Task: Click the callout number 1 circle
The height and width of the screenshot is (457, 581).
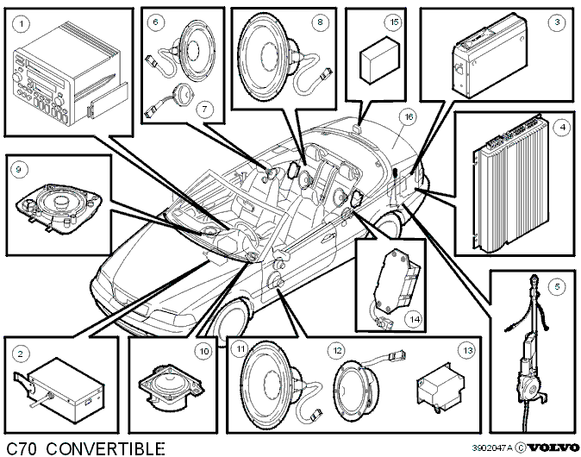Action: (x=22, y=24)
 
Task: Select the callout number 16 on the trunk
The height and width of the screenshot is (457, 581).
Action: (x=409, y=117)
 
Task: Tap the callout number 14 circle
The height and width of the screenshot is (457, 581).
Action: (x=415, y=319)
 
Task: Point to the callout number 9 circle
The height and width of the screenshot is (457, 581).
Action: (x=19, y=170)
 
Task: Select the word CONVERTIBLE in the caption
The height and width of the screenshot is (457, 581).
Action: (x=106, y=449)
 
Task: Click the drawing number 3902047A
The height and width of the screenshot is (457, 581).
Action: (x=492, y=448)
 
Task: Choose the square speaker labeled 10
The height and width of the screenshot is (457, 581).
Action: (x=171, y=388)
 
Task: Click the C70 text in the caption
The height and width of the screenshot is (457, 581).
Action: (x=22, y=449)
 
